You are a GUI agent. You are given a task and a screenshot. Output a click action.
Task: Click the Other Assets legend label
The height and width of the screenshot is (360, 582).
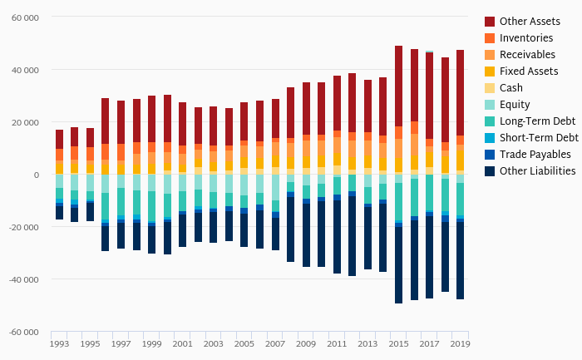coord(529,21)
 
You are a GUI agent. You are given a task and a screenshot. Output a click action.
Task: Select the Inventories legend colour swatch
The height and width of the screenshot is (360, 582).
coord(490,37)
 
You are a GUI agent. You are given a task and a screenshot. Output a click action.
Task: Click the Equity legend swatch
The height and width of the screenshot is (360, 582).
coord(490,104)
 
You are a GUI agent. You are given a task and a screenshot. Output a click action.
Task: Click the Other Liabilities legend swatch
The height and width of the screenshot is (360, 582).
coord(490,170)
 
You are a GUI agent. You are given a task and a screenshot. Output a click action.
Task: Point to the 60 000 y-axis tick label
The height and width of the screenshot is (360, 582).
coord(25,17)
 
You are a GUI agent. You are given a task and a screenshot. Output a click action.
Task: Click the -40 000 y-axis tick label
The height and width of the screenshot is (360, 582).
coord(23,279)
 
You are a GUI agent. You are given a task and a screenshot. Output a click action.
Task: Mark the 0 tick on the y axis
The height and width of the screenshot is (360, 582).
coord(36,175)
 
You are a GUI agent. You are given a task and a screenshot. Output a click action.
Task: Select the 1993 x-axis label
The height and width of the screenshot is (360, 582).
coord(59,343)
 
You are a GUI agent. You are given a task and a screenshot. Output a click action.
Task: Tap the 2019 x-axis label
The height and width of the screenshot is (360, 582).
coord(460,343)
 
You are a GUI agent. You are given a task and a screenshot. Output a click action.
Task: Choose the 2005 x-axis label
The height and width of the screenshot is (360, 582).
coord(244,343)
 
